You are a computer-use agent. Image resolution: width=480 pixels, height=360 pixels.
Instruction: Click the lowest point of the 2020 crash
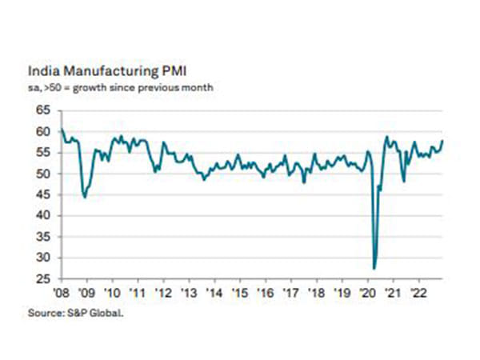[x=374, y=268]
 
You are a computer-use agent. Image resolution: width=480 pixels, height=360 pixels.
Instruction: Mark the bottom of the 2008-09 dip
[x=85, y=197]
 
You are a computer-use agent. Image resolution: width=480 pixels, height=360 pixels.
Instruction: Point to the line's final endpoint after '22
[x=443, y=141]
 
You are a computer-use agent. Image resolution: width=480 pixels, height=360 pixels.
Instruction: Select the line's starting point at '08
[x=61, y=129]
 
